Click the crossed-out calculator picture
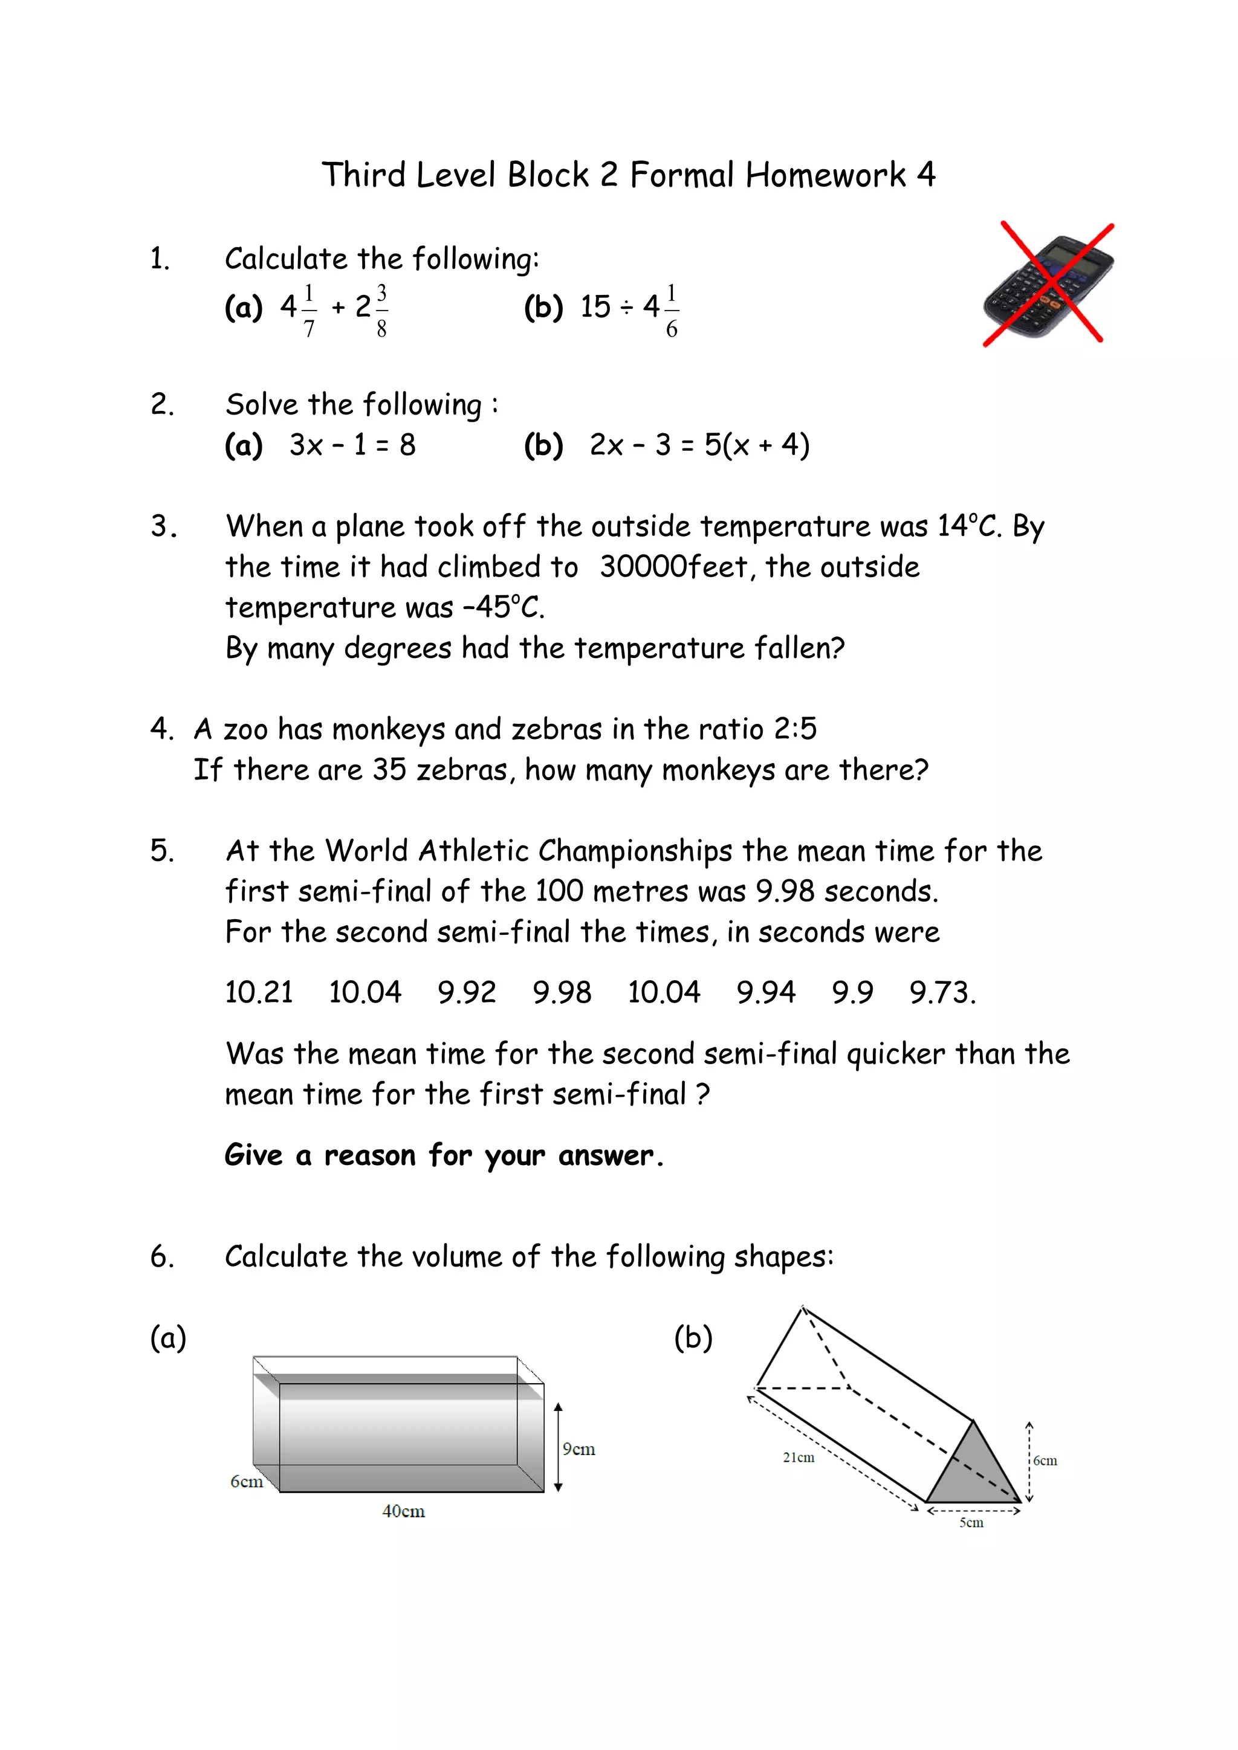(1049, 284)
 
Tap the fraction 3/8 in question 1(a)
(381, 310)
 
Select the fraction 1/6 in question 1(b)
(671, 310)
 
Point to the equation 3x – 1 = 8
(352, 445)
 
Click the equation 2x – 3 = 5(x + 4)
(699, 445)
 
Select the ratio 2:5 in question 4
(795, 729)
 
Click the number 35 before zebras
(389, 770)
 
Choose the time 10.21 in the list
(259, 992)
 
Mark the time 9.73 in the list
(941, 992)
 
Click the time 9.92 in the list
(467, 992)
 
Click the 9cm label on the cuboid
(578, 1449)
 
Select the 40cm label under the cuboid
(403, 1511)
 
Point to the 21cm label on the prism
(798, 1458)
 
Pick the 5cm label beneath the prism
(971, 1522)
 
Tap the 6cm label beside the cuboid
(246, 1481)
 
